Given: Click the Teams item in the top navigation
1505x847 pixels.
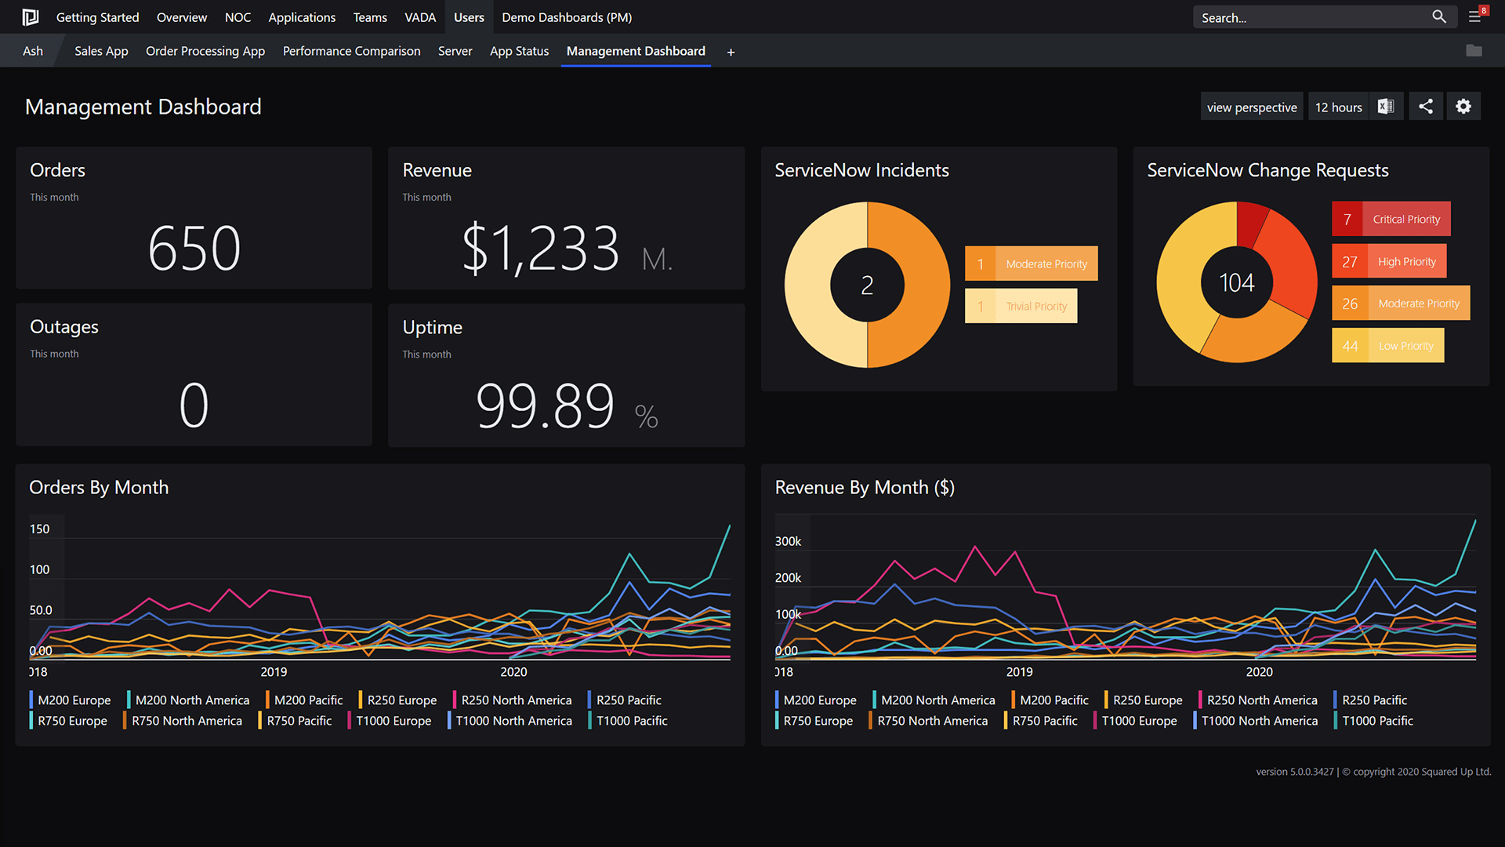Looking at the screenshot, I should click(370, 17).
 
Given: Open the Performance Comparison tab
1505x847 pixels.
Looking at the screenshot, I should click(351, 51).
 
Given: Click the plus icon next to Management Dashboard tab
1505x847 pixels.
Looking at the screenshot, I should click(731, 52).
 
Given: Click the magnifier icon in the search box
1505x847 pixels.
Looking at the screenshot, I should click(1438, 16).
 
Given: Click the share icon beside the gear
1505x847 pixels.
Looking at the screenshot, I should click(1425, 107).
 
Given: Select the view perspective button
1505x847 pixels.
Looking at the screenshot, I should click(1251, 107).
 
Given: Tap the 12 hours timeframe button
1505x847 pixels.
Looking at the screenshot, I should click(1338, 107).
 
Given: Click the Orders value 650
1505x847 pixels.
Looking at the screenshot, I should click(194, 249).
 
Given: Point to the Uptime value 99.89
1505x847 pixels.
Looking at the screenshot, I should click(545, 406).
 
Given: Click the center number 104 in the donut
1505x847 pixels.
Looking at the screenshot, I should click(1236, 282).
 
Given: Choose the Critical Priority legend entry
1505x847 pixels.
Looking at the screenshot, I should click(1391, 219).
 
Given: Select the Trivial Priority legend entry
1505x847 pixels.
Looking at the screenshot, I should click(1021, 306).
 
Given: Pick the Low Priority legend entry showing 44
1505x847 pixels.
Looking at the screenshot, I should click(1387, 346).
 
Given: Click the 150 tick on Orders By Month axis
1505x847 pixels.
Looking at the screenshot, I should click(39, 529).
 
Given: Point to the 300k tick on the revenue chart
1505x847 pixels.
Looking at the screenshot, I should click(788, 541).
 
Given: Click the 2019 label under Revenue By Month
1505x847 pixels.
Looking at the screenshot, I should click(1019, 672).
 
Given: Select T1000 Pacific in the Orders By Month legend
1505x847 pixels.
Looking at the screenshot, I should click(631, 721).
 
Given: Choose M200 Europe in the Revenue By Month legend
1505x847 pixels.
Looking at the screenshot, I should click(819, 700).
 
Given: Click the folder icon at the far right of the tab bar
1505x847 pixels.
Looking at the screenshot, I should click(1474, 51).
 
